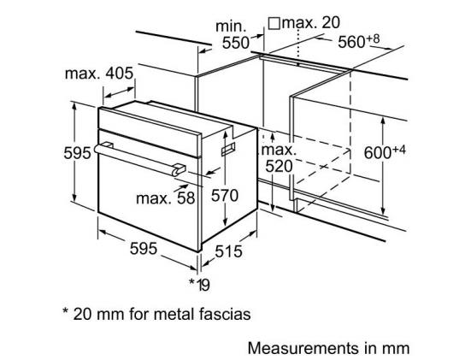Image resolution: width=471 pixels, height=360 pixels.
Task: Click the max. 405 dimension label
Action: [99, 74]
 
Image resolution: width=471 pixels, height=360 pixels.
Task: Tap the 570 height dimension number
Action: [224, 196]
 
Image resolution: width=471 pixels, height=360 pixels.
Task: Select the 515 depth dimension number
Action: [228, 251]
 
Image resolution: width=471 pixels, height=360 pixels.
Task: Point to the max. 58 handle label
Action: [166, 198]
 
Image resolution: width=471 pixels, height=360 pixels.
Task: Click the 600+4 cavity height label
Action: [385, 151]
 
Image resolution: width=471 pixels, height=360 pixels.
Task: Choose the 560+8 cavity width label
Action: [359, 41]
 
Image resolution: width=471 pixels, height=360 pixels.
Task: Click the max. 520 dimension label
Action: [279, 158]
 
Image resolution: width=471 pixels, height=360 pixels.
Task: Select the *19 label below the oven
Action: [199, 284]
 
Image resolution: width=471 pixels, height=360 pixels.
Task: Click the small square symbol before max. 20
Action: [274, 23]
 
